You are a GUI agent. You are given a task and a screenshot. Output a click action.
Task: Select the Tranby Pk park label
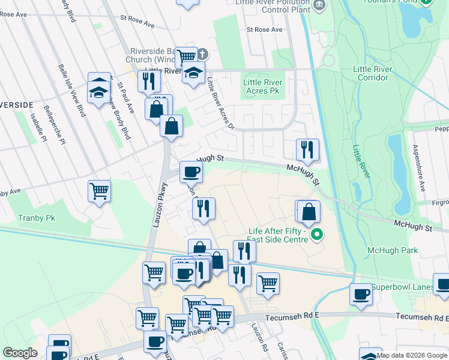[x=36, y=218]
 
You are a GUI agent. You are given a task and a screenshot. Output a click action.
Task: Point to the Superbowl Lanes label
[x=410, y=287]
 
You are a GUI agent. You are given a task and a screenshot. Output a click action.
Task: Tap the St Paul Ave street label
[x=124, y=98]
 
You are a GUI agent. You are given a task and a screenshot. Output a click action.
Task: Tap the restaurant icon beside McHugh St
[x=307, y=149]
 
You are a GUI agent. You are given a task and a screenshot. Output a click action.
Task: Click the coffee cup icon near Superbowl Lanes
[x=361, y=294]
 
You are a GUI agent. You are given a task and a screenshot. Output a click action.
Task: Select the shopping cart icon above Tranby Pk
[x=99, y=191]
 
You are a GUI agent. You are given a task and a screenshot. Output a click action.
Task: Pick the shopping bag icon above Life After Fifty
[x=309, y=212]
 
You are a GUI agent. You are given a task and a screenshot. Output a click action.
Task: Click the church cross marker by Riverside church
[x=202, y=54]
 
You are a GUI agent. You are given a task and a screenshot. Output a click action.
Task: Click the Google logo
[x=20, y=353]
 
